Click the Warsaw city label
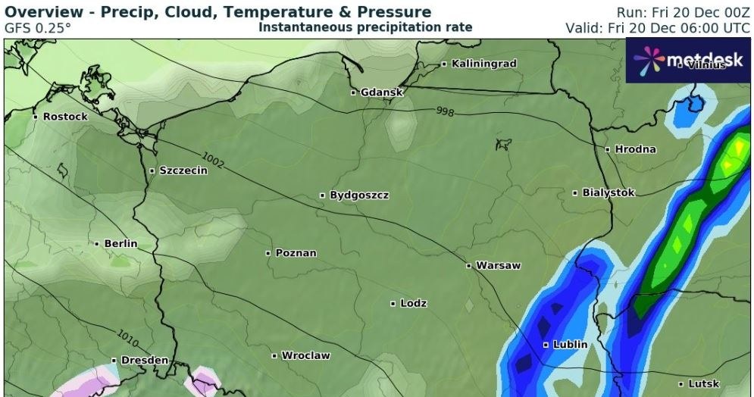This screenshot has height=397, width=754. point(498,266)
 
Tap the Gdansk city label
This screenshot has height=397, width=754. point(381,92)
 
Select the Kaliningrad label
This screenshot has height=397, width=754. point(483,64)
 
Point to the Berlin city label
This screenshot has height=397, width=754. point(120,244)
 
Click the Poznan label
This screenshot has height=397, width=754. point(296,253)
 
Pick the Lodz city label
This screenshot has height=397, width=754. point(413,304)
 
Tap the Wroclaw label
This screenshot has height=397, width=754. point(305,355)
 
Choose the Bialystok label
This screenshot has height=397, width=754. point(608,193)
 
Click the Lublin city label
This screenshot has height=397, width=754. point(570,345)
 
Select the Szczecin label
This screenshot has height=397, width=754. point(183,171)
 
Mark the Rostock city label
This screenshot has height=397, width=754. point(65,117)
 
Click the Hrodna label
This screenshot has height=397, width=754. point(635,149)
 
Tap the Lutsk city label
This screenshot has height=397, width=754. point(703,384)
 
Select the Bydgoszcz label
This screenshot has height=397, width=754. point(359,195)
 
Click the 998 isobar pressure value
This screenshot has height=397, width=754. point(445,112)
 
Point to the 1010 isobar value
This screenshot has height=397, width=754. point(128,335)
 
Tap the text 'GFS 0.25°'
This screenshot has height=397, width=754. point(38,27)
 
